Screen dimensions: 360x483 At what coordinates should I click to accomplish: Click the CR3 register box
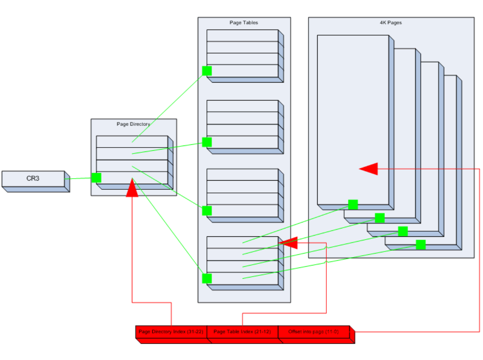click(33, 179)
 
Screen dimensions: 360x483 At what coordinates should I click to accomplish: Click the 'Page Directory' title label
click(133, 124)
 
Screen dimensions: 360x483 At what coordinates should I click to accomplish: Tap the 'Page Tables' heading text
click(243, 23)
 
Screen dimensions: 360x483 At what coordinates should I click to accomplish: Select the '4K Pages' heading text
click(391, 23)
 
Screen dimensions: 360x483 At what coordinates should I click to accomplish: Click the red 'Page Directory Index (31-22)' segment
click(171, 332)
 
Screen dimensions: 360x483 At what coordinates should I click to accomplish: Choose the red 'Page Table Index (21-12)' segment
click(242, 332)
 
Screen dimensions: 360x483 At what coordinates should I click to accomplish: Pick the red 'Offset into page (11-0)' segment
click(314, 332)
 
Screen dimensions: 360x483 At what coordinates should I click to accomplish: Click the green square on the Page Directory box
click(96, 178)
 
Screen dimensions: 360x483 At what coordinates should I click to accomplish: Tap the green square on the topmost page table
click(207, 71)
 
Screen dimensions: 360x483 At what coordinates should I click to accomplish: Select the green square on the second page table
click(207, 142)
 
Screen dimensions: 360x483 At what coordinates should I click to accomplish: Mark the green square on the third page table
click(207, 210)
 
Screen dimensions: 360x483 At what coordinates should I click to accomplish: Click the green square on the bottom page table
click(207, 278)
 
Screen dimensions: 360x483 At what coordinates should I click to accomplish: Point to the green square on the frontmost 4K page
click(353, 205)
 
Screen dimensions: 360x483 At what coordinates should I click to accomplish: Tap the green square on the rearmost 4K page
click(420, 244)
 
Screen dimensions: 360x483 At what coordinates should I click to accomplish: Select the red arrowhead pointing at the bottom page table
click(289, 242)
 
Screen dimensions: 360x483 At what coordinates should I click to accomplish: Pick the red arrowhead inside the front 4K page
click(369, 169)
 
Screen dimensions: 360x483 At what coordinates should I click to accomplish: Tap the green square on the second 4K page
click(380, 218)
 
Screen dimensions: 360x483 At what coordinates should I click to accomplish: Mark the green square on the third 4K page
click(403, 231)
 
